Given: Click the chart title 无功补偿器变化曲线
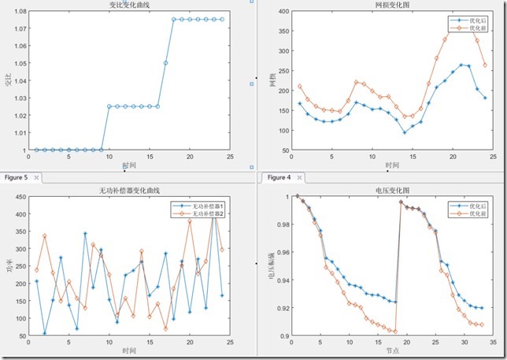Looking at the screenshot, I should point(130,190).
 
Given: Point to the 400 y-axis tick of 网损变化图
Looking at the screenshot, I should point(279,12).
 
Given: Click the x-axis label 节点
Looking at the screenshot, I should point(391,351).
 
